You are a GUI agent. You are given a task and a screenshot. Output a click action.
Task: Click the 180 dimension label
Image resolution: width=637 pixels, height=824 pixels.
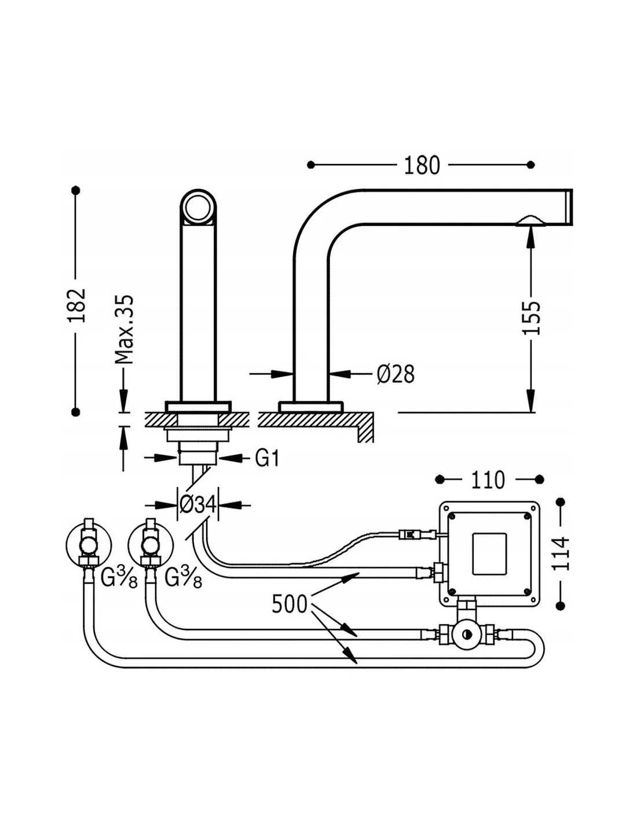point(422,166)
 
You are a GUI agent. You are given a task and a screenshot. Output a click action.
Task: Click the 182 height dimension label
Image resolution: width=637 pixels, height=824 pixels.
point(76,305)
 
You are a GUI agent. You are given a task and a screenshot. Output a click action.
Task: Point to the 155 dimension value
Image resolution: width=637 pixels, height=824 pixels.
point(531,318)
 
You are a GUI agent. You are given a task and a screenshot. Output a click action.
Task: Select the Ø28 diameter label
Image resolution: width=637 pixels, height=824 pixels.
point(396,374)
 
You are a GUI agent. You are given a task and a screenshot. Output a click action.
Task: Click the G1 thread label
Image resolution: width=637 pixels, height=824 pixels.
point(268,458)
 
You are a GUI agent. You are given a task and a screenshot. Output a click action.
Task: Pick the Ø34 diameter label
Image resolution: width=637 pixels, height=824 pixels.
point(197,505)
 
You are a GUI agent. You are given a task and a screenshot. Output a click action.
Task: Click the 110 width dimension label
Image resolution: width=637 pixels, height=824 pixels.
point(488,480)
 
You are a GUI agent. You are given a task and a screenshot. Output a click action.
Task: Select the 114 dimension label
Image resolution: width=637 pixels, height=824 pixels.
point(560,554)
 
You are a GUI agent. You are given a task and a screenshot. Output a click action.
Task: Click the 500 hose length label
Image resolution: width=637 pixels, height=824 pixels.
point(290,604)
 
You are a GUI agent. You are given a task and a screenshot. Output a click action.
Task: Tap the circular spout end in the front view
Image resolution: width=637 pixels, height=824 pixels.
point(198,206)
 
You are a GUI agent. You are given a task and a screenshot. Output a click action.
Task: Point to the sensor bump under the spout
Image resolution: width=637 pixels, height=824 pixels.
point(530,221)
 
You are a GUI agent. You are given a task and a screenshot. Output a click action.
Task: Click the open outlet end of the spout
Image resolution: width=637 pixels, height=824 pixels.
point(569,206)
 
